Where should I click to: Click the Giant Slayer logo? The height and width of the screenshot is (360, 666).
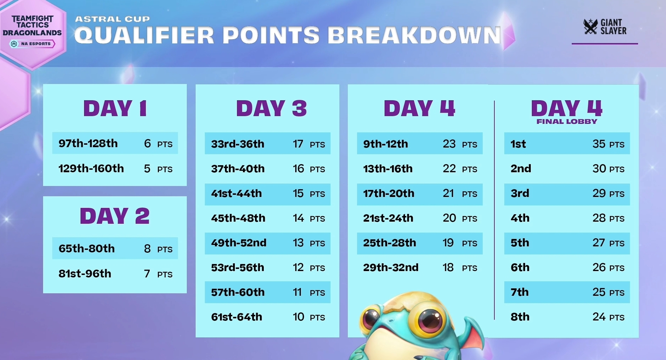pos(605,27)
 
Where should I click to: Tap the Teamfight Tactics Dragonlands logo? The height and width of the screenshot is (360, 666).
pos(32,25)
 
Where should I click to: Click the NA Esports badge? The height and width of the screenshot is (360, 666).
pos(32,44)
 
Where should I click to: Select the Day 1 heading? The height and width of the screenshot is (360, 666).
pos(115,108)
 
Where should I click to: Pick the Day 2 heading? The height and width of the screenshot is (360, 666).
pos(115,216)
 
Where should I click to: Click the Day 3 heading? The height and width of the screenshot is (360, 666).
pos(271,108)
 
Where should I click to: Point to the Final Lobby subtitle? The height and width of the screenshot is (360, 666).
pos(567,122)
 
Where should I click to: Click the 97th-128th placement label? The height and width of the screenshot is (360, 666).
pos(88,143)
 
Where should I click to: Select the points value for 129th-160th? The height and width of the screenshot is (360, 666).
pos(147,169)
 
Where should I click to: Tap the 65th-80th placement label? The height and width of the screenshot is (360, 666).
pos(87,248)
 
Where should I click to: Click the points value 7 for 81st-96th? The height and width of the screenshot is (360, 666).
pos(147,274)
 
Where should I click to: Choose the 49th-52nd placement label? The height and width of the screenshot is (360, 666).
pos(239,243)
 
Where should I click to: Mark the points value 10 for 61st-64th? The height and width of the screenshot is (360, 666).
pos(298,317)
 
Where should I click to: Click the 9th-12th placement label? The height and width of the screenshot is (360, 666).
pos(385,144)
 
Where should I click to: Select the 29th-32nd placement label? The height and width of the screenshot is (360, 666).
pos(391,268)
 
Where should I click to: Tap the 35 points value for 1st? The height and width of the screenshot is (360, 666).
pos(599,144)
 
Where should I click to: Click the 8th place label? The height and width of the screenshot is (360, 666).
pos(520,317)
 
